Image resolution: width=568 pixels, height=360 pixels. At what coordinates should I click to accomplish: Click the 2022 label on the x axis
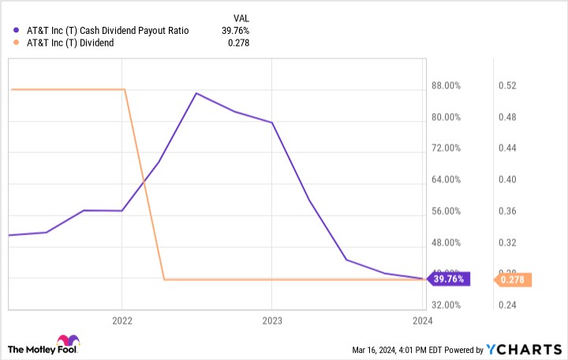(122, 321)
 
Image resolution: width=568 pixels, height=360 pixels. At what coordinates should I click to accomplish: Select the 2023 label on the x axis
(272, 321)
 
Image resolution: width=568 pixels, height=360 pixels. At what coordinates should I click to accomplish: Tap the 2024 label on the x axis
(422, 321)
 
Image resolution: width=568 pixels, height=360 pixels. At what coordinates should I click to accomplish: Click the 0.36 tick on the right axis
(506, 212)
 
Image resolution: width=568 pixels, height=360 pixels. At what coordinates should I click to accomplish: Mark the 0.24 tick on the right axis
(506, 305)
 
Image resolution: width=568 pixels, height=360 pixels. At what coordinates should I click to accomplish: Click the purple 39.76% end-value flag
(449, 278)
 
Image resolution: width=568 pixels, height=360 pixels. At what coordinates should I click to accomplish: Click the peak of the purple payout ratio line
(196, 93)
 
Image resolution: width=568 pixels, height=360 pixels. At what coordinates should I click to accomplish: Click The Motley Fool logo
(43, 347)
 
